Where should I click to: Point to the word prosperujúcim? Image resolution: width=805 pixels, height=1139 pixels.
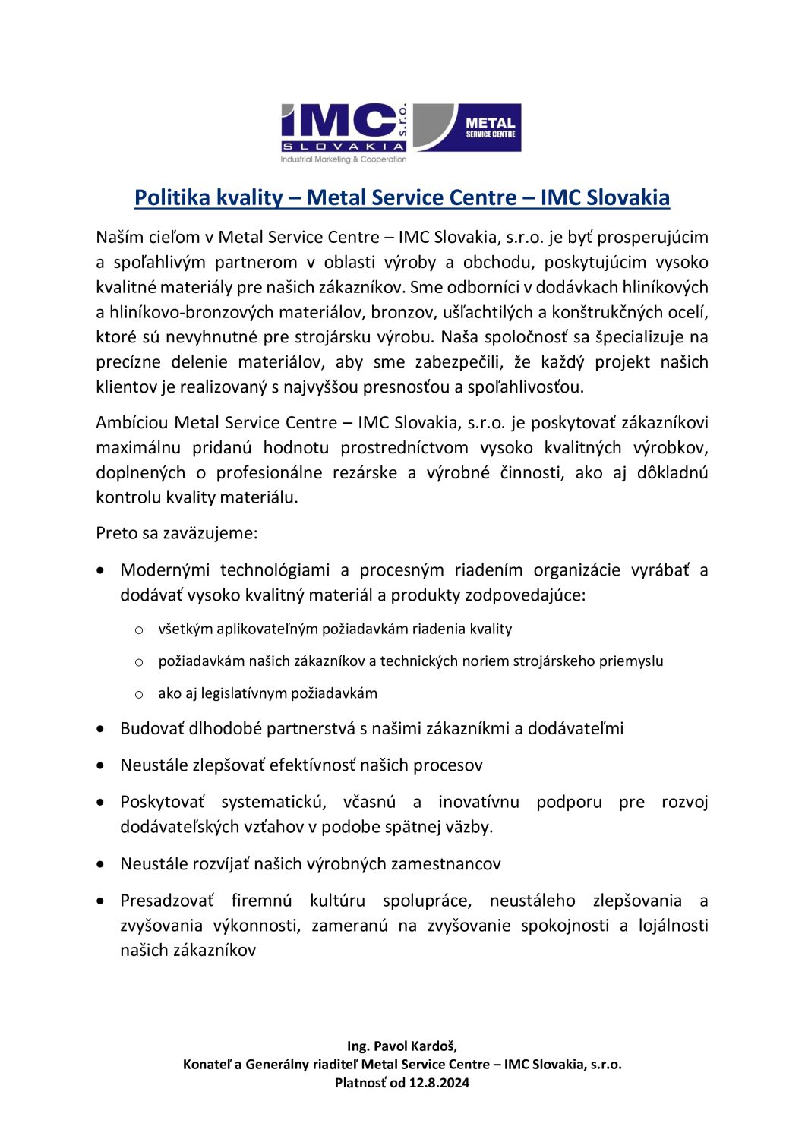(x=652, y=237)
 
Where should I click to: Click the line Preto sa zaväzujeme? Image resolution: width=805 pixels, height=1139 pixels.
(x=177, y=533)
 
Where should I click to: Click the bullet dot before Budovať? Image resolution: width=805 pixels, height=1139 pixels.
(x=101, y=729)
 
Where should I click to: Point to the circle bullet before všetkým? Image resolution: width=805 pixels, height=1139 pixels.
(x=139, y=629)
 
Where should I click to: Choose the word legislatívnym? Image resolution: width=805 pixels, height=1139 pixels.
(x=245, y=693)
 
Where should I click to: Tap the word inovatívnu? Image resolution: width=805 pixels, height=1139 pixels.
(x=478, y=802)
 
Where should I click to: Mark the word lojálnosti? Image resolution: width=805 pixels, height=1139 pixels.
(x=673, y=926)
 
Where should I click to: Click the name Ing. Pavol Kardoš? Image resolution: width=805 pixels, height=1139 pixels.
(x=402, y=1046)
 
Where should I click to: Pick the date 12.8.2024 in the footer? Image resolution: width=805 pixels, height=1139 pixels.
(x=439, y=1083)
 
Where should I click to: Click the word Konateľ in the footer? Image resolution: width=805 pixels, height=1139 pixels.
(x=207, y=1065)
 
